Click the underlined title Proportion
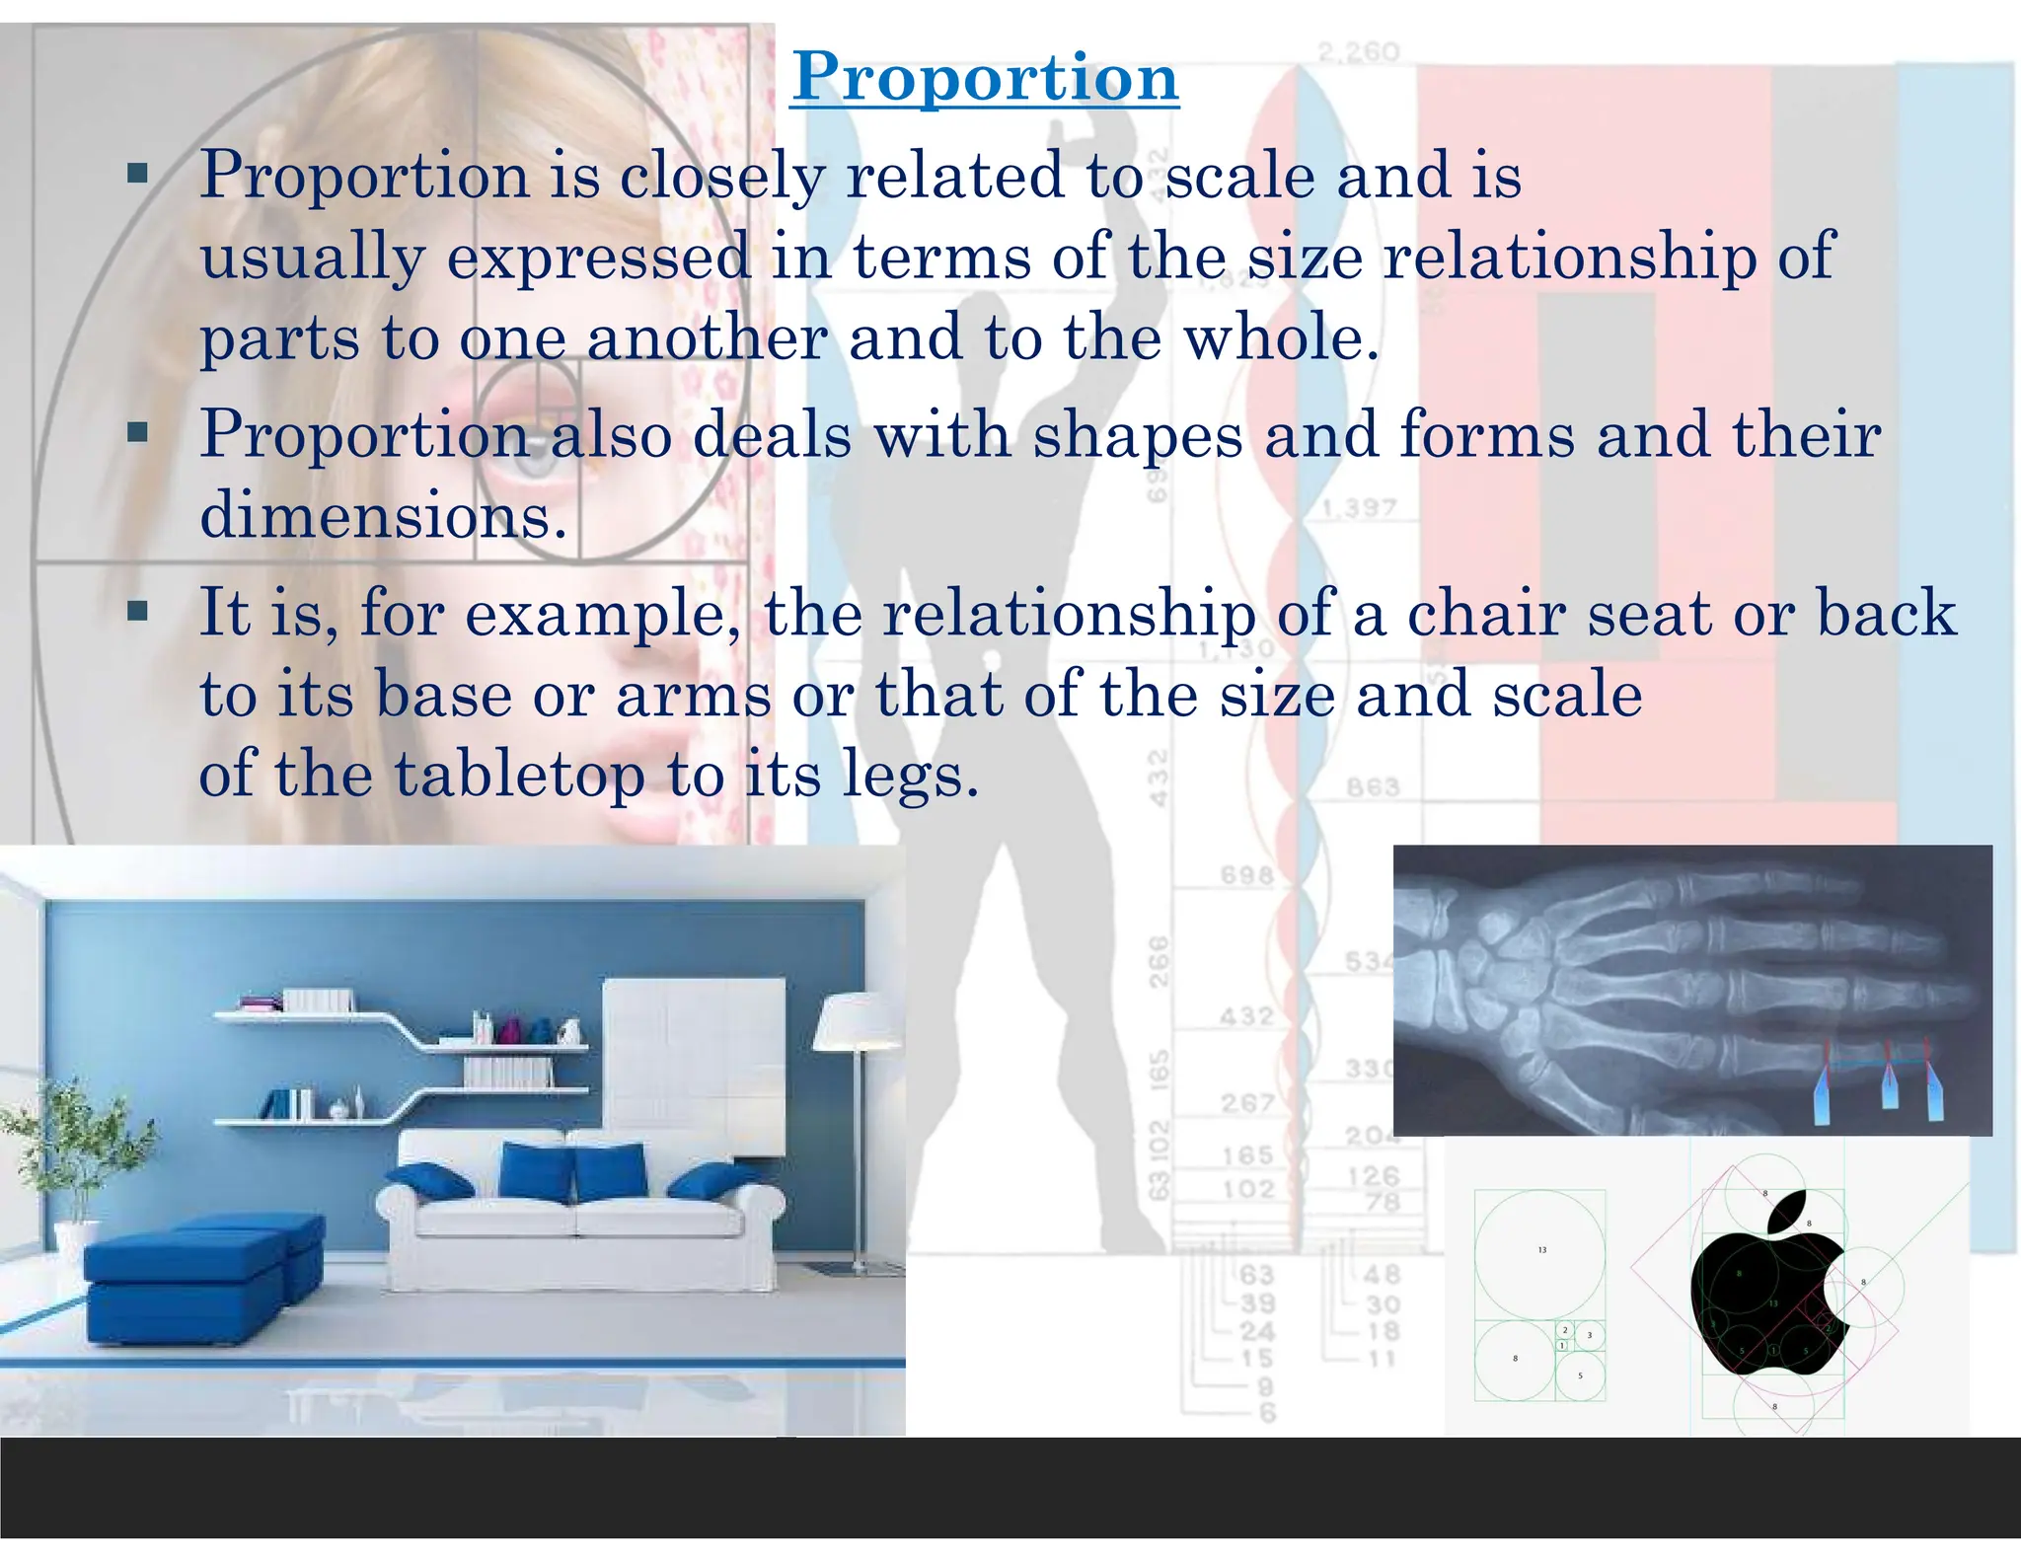pos(985,77)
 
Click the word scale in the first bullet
pos(1239,176)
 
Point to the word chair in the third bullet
pos(1486,613)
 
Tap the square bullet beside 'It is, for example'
pos(138,612)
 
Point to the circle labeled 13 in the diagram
pos(1539,1254)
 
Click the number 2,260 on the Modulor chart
pos(1359,51)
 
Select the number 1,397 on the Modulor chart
pos(1359,508)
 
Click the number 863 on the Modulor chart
pos(1373,786)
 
